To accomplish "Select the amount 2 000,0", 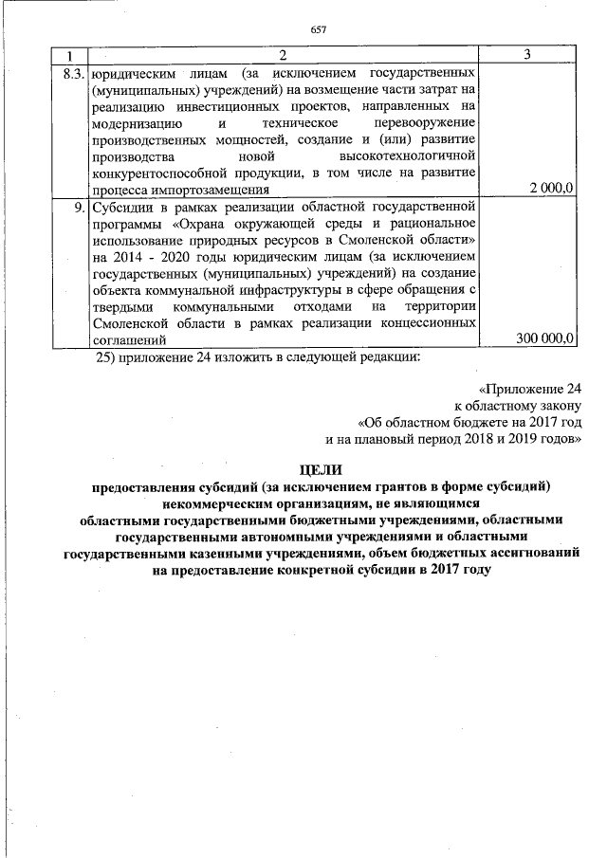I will point(551,188).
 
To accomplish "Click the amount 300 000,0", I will point(544,337).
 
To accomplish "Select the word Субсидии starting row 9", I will point(120,205).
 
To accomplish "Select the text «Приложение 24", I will point(529,390).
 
